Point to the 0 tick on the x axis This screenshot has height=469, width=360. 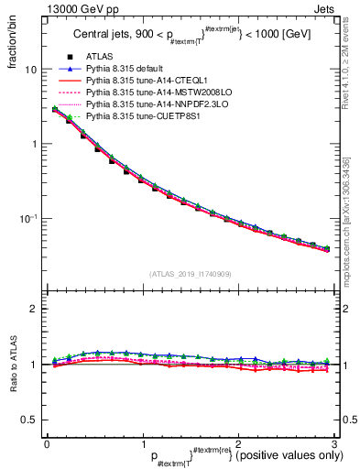click(47, 443)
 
